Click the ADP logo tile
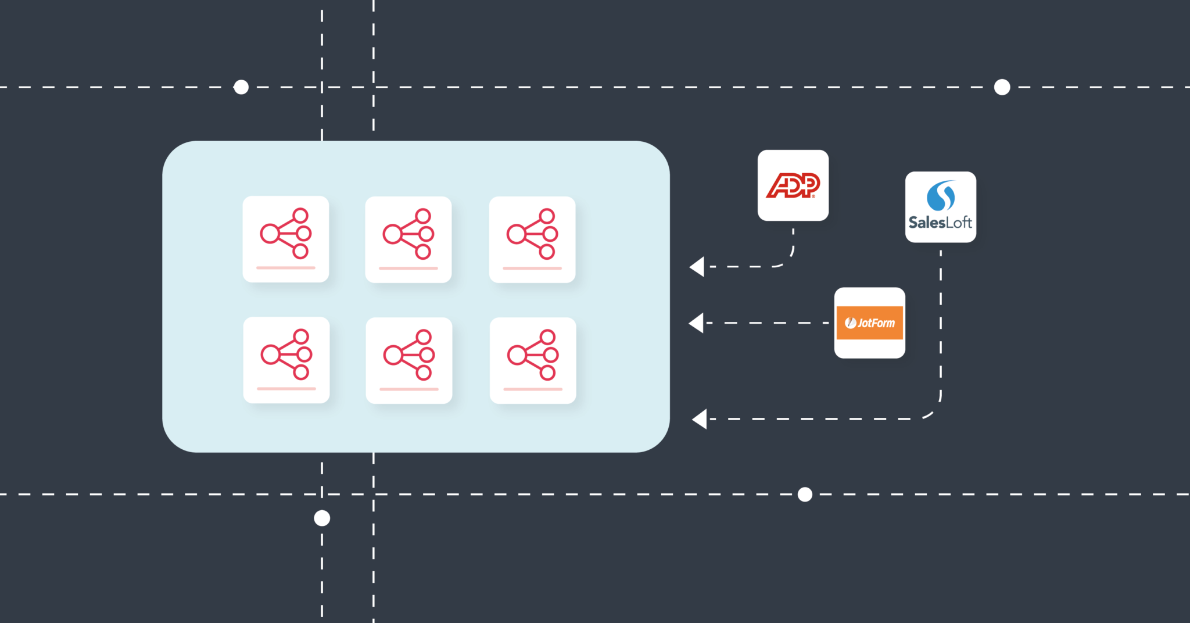[793, 185]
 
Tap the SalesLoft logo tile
[941, 207]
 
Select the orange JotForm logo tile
[870, 323]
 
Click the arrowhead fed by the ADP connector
[697, 267]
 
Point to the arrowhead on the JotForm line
[696, 323]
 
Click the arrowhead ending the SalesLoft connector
[700, 419]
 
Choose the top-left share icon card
[286, 239]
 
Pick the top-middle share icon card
[408, 239]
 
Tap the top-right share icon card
[532, 239]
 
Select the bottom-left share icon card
[286, 360]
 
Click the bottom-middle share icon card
[409, 360]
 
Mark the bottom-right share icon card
[533, 360]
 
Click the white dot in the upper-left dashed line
[241, 87]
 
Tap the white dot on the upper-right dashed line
[1002, 87]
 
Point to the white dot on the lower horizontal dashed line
[805, 495]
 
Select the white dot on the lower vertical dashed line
[322, 518]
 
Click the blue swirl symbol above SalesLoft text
[941, 196]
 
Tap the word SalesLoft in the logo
[940, 223]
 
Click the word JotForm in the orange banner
[876, 323]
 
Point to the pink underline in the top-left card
[286, 268]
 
